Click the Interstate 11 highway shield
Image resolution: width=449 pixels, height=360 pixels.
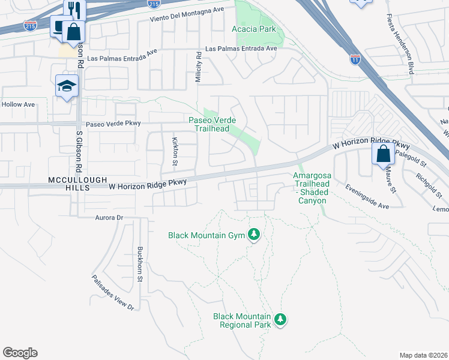[x=356, y=59]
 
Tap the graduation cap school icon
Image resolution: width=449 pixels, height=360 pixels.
[x=67, y=86]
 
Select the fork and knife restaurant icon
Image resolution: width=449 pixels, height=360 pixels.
[x=75, y=8]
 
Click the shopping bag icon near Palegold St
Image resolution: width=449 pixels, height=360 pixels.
[x=383, y=154]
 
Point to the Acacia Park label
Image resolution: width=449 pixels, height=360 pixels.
[x=253, y=29]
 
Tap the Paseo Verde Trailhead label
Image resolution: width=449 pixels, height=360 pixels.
[x=209, y=124]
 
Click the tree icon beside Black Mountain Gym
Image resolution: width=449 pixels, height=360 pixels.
[x=254, y=235]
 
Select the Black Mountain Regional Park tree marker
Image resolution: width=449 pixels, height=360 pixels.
[x=280, y=320]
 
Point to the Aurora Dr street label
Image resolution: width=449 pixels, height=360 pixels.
[x=109, y=217]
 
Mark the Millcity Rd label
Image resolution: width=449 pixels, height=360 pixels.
[x=197, y=63]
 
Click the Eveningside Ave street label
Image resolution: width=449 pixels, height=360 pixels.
[x=367, y=196]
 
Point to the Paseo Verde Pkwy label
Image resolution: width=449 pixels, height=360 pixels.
[x=113, y=124]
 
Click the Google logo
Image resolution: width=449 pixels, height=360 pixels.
[x=20, y=353]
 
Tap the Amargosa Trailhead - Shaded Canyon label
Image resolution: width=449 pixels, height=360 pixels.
[x=312, y=188]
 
